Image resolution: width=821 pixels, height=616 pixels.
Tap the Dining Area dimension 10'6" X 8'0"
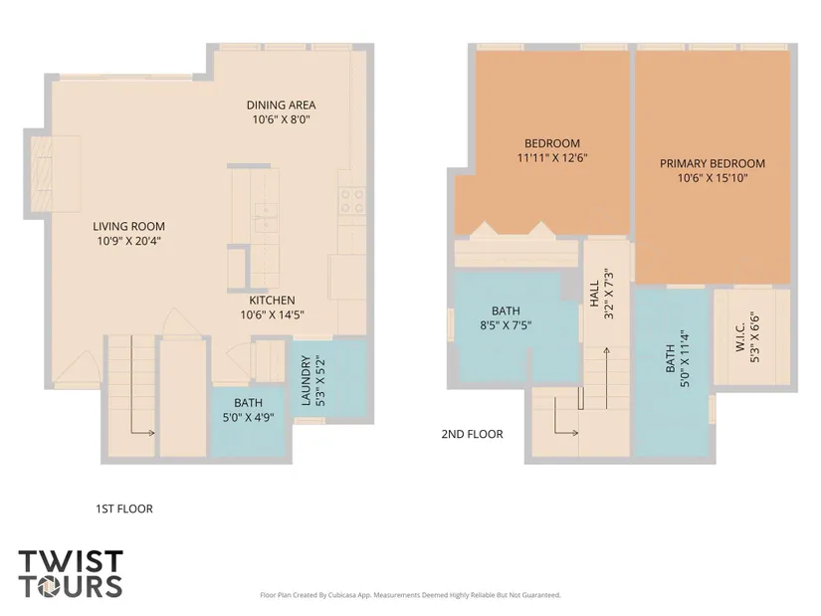pyautogui.click(x=282, y=119)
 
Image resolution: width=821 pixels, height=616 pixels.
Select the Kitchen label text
pyautogui.click(x=272, y=301)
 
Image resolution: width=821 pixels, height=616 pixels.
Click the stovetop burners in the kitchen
pyautogui.click(x=352, y=201)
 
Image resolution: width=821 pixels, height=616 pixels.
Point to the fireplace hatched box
pyautogui.click(x=41, y=173)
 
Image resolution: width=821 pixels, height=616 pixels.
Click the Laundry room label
pyautogui.click(x=307, y=380)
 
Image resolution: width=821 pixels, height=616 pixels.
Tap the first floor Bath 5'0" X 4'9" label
pyautogui.click(x=248, y=410)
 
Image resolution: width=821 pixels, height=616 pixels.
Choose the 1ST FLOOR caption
pyautogui.click(x=124, y=510)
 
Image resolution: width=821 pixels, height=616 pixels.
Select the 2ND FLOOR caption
pyautogui.click(x=473, y=434)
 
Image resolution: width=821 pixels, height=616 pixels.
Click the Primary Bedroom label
pyautogui.click(x=713, y=163)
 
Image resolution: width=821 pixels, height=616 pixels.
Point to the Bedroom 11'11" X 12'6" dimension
pyautogui.click(x=552, y=157)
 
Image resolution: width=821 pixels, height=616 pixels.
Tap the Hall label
pyautogui.click(x=594, y=294)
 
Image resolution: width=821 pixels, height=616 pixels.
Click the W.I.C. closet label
pyautogui.click(x=740, y=337)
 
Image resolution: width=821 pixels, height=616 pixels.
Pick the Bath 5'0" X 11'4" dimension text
pyautogui.click(x=685, y=358)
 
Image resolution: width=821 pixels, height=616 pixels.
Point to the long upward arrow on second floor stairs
pyautogui.click(x=606, y=378)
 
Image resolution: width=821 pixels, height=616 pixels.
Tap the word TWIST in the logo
pyautogui.click(x=71, y=561)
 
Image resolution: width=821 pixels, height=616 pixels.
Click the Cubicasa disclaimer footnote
pyautogui.click(x=410, y=595)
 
